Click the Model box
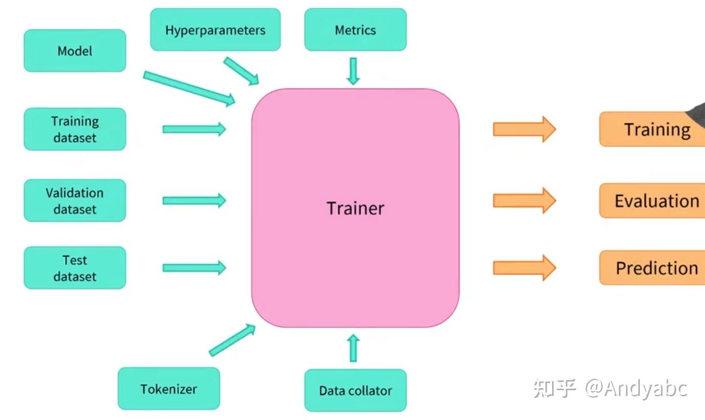pyautogui.click(x=75, y=51)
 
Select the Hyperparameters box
pyautogui.click(x=215, y=30)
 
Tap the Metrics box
pyautogui.click(x=355, y=30)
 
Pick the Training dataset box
pyautogui.click(x=75, y=129)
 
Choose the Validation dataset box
pyautogui.click(x=75, y=200)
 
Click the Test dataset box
pyautogui.click(x=75, y=268)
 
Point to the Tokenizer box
pyautogui.click(x=169, y=389)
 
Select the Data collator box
pyautogui.click(x=355, y=390)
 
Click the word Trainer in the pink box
pyautogui.click(x=355, y=208)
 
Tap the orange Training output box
pyautogui.click(x=652, y=129)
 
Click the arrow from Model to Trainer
pyautogui.click(x=189, y=88)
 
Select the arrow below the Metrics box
pyautogui.click(x=353, y=71)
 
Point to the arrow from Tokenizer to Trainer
pyautogui.click(x=232, y=340)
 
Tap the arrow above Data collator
pyautogui.click(x=353, y=348)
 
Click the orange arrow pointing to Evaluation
pyautogui.click(x=524, y=200)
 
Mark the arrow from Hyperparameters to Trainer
pyautogui.click(x=241, y=71)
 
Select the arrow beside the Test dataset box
pyautogui.click(x=194, y=268)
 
